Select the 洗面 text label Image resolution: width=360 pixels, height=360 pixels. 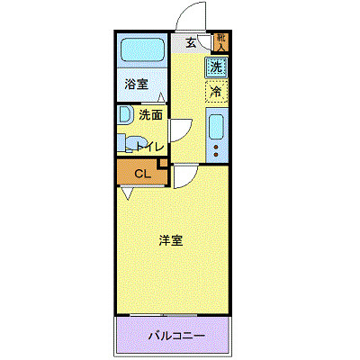click(x=150, y=114)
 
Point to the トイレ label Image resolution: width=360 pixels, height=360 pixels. click(x=150, y=146)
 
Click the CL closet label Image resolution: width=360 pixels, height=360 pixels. click(x=142, y=174)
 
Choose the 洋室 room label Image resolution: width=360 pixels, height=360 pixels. click(x=171, y=240)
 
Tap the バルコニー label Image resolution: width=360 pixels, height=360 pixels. click(x=176, y=337)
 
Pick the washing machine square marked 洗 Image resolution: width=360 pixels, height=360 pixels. click(x=216, y=66)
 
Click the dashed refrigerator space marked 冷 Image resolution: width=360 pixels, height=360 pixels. click(x=216, y=91)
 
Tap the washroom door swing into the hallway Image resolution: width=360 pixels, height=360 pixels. click(x=180, y=130)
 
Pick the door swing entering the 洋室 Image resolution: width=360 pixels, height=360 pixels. click(x=184, y=175)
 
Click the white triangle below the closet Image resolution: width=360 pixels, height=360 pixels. click(x=128, y=193)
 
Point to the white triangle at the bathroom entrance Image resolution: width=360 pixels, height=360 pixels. click(x=160, y=98)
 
